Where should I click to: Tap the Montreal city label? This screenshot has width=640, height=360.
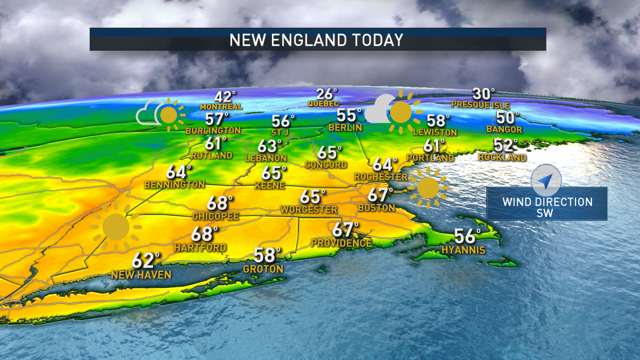point(221,107)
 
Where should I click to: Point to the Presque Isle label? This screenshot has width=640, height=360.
point(480,105)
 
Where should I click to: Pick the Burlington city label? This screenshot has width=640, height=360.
point(213,130)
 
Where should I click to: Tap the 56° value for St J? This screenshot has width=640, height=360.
point(283,121)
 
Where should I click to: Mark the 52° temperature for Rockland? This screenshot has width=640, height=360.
point(506,145)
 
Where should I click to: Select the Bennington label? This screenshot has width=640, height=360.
point(174,185)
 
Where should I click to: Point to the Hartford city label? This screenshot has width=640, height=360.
point(200,248)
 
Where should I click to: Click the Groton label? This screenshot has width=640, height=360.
point(263,269)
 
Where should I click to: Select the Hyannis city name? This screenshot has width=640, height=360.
point(463,250)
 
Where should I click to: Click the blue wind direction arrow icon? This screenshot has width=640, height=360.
point(546,180)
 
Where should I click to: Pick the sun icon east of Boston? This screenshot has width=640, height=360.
point(428,188)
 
